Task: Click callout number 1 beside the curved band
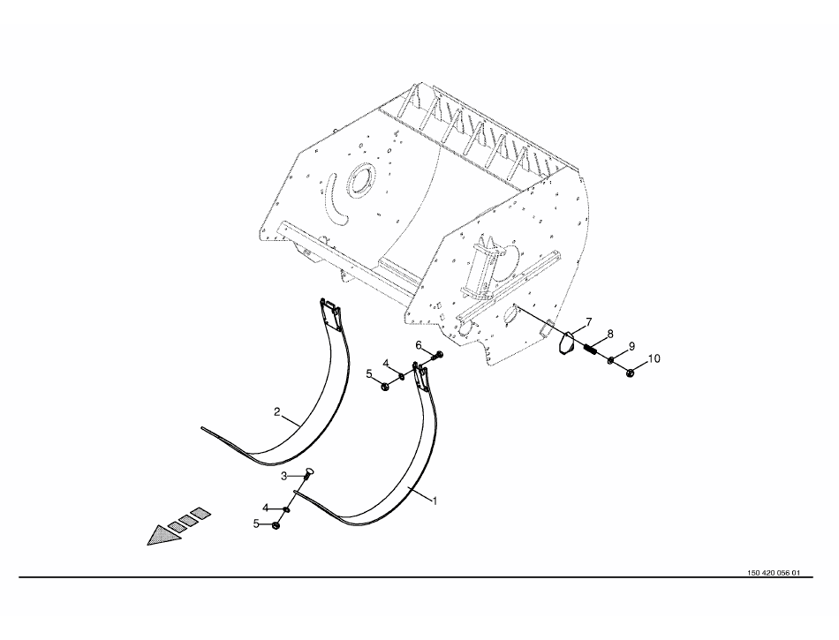[x=435, y=501]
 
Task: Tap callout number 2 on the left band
[x=276, y=411]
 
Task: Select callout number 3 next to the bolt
[x=284, y=476]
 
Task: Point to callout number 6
[x=419, y=345]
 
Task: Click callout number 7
[x=588, y=322]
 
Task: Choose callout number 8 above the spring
[x=610, y=335]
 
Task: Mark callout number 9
[x=631, y=346]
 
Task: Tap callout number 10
[x=654, y=358]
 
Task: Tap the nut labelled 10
[x=630, y=373]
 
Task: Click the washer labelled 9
[x=610, y=361]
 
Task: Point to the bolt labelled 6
[x=438, y=355]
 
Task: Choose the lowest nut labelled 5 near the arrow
[x=276, y=526]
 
